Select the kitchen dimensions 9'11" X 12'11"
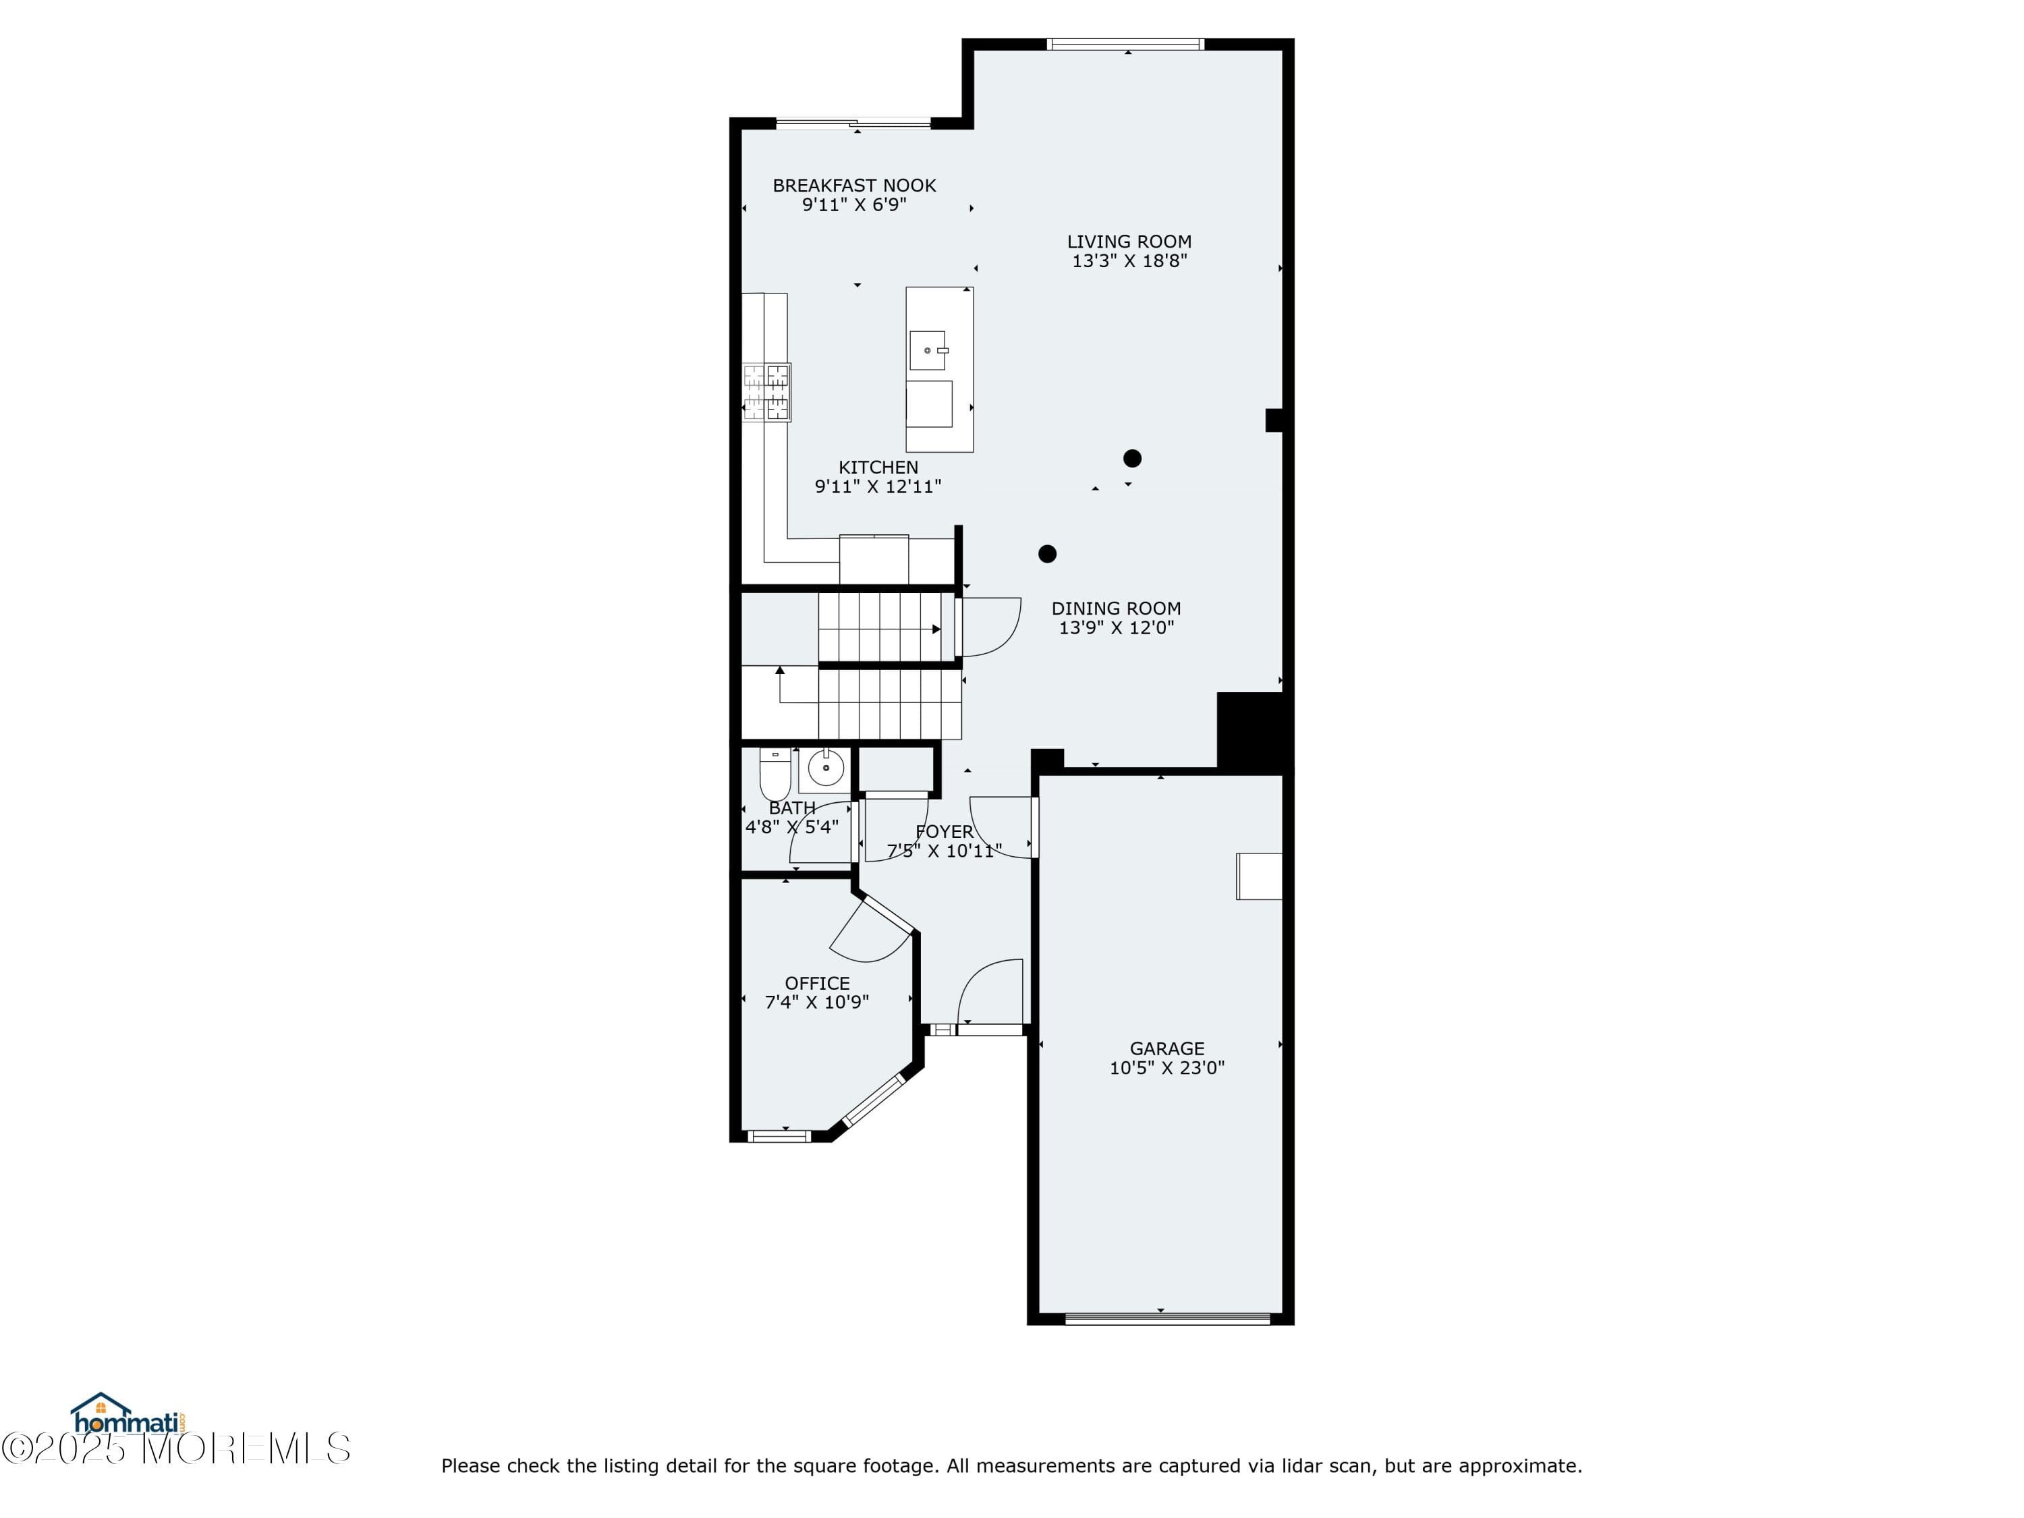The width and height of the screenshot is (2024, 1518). pos(878,487)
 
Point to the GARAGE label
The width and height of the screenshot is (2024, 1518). pos(1166,1048)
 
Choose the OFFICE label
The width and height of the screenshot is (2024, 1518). pos(816,983)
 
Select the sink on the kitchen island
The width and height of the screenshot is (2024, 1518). pos(928,350)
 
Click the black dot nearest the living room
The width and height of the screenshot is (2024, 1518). pos(1132,458)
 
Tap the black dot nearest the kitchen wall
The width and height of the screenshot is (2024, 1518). pos(1048,554)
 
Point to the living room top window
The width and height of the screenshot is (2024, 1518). pos(1125,44)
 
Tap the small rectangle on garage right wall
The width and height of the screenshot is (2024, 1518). pos(1258,876)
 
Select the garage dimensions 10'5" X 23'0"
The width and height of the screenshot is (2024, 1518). pos(1166,1068)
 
